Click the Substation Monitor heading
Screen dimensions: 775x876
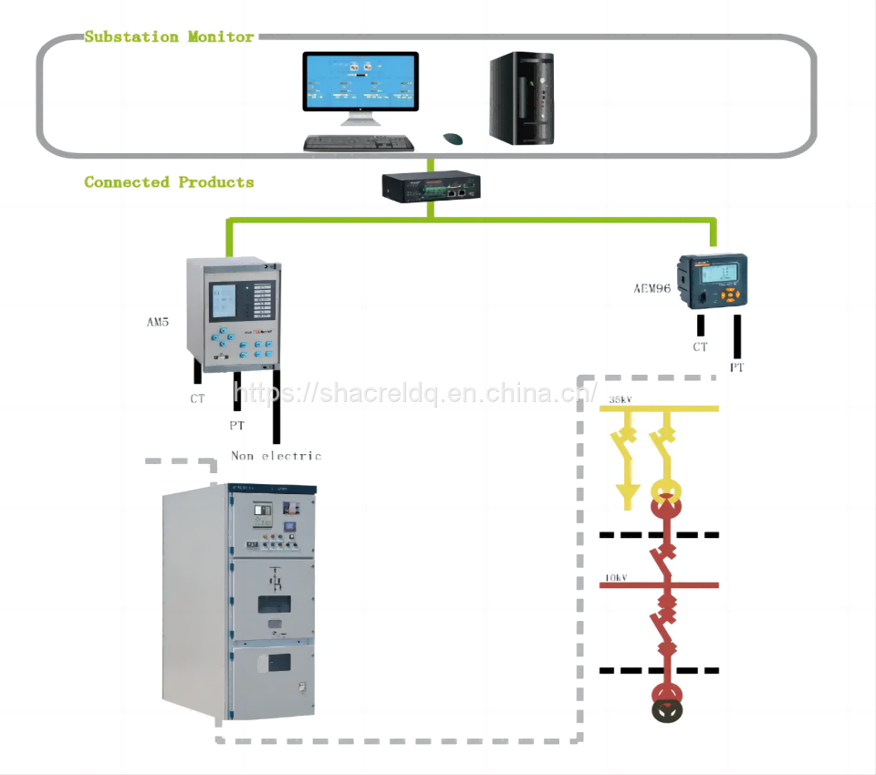point(169,37)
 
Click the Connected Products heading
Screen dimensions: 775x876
point(169,182)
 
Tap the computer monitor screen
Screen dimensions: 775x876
point(360,81)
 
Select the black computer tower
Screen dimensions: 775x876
point(521,98)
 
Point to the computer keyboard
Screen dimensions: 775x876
point(359,143)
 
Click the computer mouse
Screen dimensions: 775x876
point(453,139)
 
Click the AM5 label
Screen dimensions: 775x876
point(158,322)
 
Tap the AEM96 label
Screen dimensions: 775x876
point(652,288)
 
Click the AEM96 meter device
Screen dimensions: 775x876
point(713,283)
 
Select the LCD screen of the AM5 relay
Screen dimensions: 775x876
point(224,301)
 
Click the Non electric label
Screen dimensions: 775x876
point(276,456)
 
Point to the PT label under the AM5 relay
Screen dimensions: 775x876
point(236,426)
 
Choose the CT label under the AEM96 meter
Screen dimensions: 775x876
point(700,347)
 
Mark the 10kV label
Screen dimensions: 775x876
point(616,578)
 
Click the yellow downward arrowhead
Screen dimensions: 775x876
point(627,497)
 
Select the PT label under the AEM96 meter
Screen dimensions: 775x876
point(736,367)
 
